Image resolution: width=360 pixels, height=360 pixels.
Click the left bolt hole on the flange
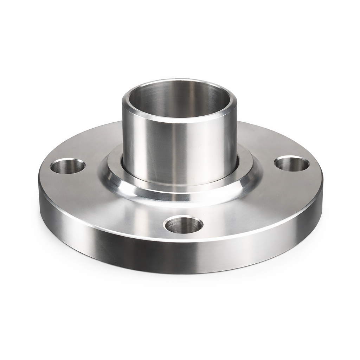click(68, 166)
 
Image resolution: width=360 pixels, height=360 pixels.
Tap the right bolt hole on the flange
click(291, 164)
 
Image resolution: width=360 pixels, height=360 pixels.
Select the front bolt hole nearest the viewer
click(183, 225)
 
